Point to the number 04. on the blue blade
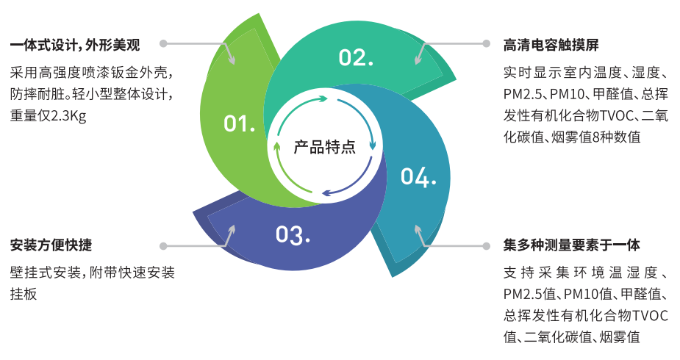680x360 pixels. coord(418,176)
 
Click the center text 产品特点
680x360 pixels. coord(325,147)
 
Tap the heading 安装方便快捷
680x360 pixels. coord(51,245)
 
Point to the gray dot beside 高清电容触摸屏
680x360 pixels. coord(486,43)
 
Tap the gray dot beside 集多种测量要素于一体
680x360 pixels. coord(486,245)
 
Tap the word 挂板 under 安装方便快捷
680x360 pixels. coord(23,293)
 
